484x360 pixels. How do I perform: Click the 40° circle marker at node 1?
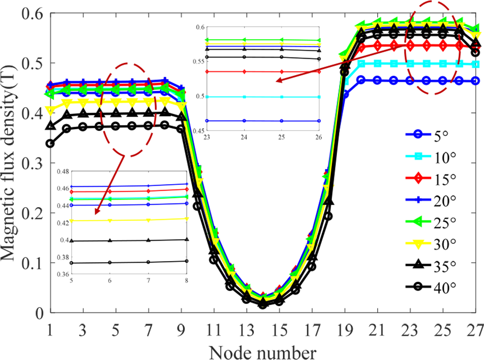point(50,143)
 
